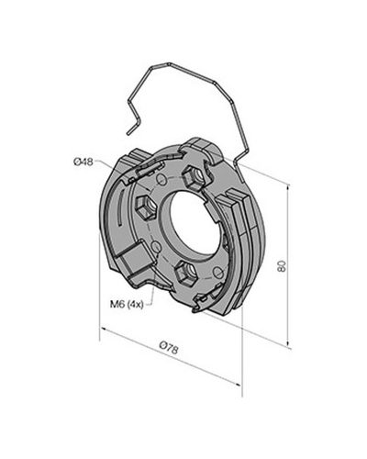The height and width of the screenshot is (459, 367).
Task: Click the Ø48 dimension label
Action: [83, 162]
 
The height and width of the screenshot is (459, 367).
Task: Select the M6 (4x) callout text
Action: [127, 304]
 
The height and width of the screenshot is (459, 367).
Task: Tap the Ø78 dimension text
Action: [169, 348]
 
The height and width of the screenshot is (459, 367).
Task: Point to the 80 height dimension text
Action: [282, 265]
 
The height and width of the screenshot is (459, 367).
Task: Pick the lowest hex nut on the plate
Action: [185, 273]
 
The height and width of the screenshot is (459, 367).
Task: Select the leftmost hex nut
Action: [146, 208]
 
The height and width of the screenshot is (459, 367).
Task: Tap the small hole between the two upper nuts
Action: [161, 179]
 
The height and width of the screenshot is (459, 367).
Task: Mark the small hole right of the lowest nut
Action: [217, 272]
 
